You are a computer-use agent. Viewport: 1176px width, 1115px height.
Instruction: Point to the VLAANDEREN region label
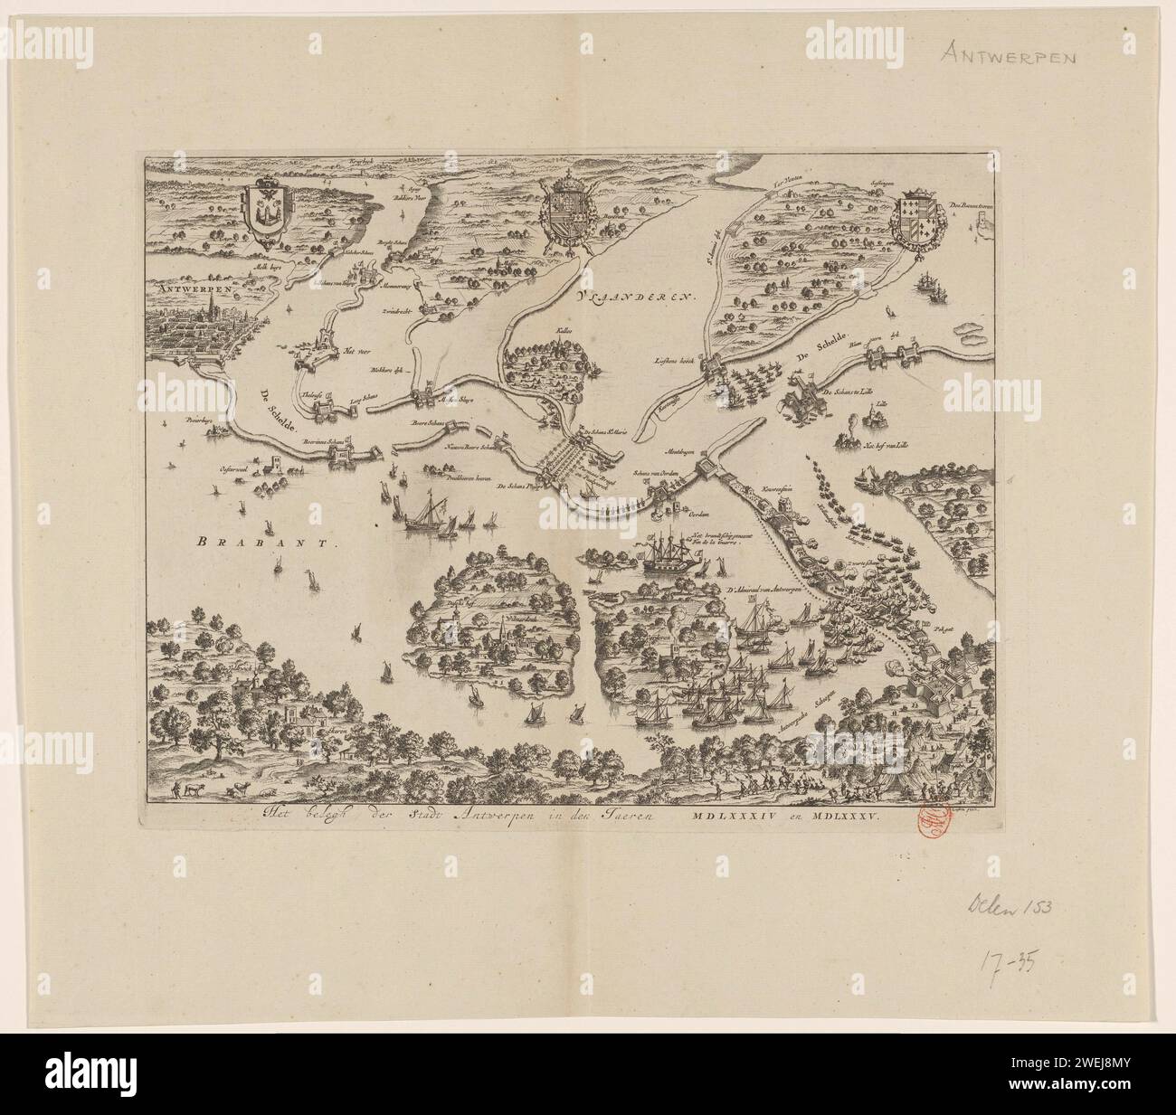634,296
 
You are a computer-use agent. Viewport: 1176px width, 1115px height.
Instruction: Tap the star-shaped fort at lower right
952,674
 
